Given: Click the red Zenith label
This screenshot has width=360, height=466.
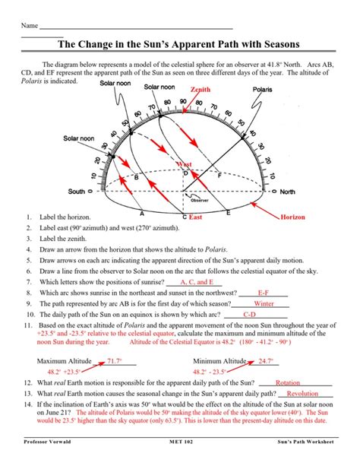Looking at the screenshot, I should pos(200,90).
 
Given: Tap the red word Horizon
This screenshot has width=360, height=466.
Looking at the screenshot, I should pos(292,217).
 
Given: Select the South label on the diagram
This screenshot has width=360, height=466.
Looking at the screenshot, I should pos(77,192).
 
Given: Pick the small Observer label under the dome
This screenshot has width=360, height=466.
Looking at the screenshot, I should pos(199,200).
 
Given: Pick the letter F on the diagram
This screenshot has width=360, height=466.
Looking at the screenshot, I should pos(219,174).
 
